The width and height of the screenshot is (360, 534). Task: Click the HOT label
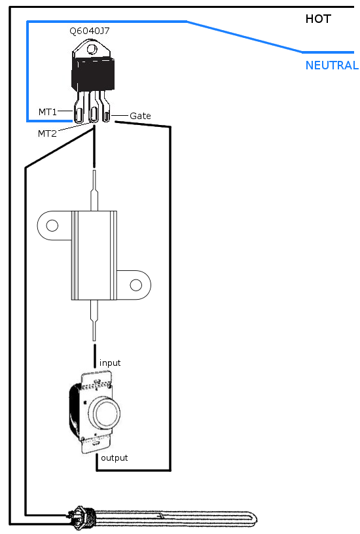tap(318, 19)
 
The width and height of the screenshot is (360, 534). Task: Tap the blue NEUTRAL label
tap(332, 65)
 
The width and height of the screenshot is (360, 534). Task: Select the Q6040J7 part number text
tap(90, 31)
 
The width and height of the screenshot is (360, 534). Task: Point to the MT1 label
tap(47, 112)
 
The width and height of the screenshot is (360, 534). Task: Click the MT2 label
tap(47, 133)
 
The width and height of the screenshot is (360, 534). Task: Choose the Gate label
tap(140, 116)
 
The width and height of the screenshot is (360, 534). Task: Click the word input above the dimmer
tap(110, 363)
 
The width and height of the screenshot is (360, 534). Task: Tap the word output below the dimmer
tap(115, 457)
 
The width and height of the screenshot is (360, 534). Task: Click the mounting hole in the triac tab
tap(92, 49)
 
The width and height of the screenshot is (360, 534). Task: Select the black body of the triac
tap(93, 74)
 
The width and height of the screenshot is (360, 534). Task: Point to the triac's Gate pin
tap(105, 107)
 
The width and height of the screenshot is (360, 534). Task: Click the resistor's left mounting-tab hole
tap(52, 226)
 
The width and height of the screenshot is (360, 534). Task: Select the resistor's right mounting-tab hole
tap(136, 285)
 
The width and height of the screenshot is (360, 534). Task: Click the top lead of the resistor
tap(94, 190)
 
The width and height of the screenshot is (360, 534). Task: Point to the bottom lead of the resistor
tap(94, 321)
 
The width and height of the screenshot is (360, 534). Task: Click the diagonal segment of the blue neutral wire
tap(244, 37)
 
